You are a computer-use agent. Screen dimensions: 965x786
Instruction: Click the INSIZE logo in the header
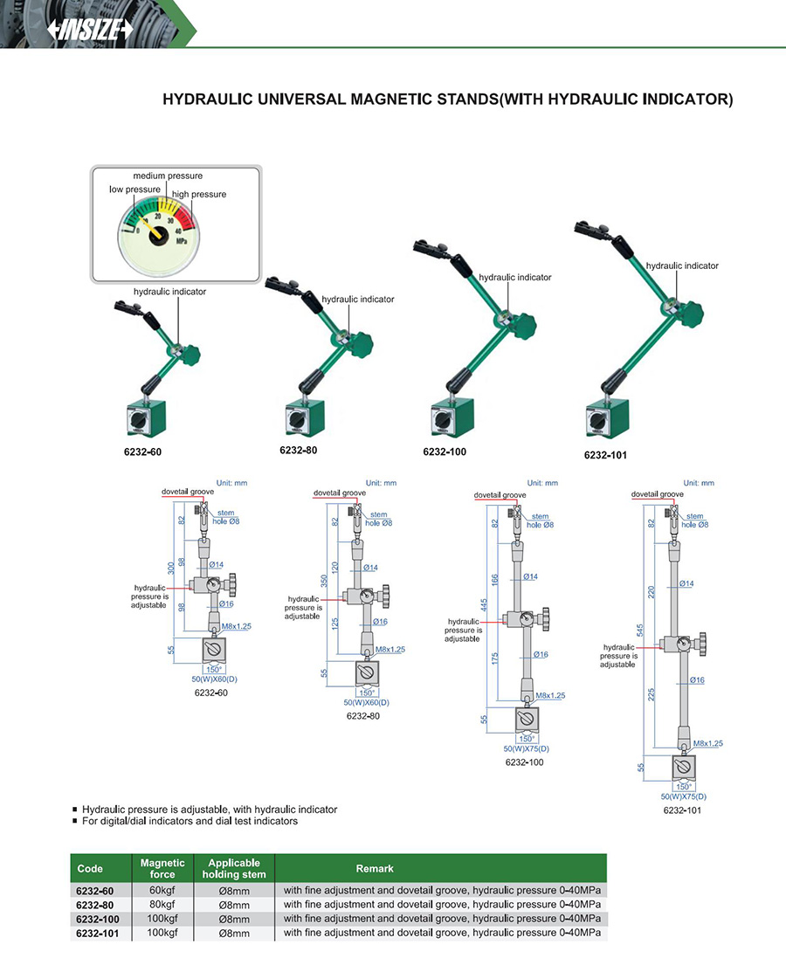coord(91,31)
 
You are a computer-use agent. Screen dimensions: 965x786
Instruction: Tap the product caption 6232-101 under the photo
coord(605,455)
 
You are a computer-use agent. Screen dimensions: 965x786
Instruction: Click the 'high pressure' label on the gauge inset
coord(199,194)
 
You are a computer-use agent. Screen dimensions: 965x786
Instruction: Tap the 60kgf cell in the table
coord(162,890)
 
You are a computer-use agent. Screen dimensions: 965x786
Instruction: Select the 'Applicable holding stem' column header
coord(234,868)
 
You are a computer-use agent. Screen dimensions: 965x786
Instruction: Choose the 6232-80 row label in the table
coord(95,904)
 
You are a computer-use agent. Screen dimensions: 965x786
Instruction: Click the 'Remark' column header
coord(375,868)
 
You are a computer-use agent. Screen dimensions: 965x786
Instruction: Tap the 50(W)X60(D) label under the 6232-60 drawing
coord(214,679)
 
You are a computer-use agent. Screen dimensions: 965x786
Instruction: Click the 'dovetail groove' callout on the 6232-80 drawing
coord(341,493)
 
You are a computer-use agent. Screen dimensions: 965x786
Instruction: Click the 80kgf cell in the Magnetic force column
coord(162,904)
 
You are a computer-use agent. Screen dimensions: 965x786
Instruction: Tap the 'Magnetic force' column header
coord(162,868)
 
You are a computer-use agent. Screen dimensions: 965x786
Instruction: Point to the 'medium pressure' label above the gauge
coord(168,176)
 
